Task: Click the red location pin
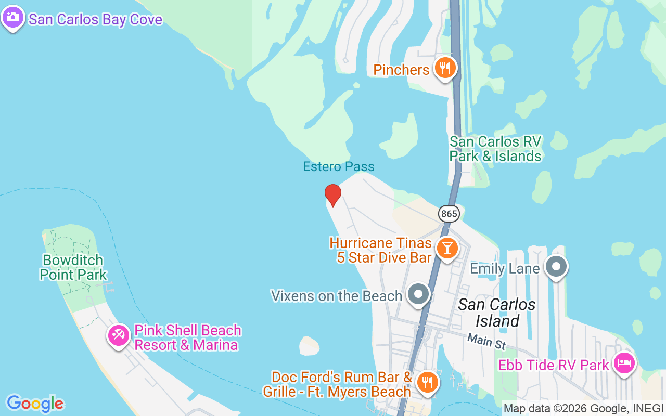click(x=332, y=195)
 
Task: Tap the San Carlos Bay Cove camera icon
click(x=13, y=17)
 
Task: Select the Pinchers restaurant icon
click(x=445, y=68)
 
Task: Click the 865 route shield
click(x=448, y=213)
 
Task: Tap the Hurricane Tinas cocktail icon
click(x=446, y=248)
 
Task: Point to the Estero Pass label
click(x=339, y=167)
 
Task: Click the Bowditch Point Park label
click(x=73, y=267)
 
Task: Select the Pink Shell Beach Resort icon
click(x=119, y=335)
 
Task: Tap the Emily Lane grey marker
click(x=556, y=267)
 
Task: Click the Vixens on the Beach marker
click(x=418, y=294)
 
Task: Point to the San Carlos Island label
click(x=496, y=313)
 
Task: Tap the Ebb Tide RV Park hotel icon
click(x=623, y=363)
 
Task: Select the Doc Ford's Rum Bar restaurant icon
click(x=427, y=383)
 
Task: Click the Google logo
click(x=35, y=404)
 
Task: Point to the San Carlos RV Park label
click(x=495, y=149)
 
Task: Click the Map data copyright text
click(x=583, y=409)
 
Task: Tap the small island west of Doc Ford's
click(x=309, y=346)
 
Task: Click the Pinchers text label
click(x=401, y=70)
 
